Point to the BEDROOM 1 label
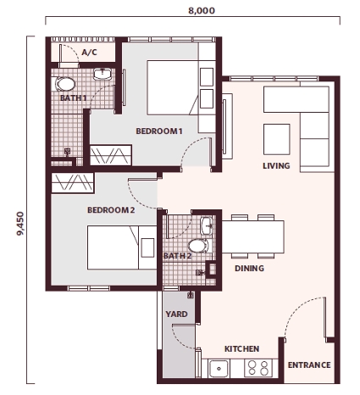click(159, 131)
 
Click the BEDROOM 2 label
click(111, 209)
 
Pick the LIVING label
click(276, 165)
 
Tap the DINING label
click(249, 269)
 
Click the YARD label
click(176, 314)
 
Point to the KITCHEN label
click(241, 348)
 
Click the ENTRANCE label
click(309, 365)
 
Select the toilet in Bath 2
click(197, 247)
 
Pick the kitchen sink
click(222, 368)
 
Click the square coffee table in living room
click(277, 137)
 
